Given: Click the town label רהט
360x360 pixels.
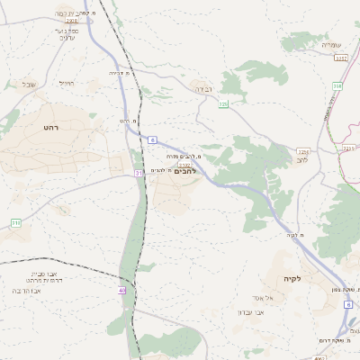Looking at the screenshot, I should click(x=50, y=128).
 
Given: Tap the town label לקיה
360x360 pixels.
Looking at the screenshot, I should click(x=291, y=278).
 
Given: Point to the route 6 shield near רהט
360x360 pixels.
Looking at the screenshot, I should click(x=153, y=140).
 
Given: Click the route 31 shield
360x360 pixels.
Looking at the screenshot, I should click(x=139, y=173).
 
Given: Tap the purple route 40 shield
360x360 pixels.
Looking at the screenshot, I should click(x=122, y=290).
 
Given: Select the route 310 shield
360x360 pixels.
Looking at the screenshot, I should click(x=16, y=221).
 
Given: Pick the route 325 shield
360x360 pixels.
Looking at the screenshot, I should click(x=223, y=104).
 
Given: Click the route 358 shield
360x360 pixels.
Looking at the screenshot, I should click(x=337, y=86).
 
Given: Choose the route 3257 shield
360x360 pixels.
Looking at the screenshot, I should click(x=340, y=58).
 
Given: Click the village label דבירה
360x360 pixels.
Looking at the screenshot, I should click(x=201, y=89).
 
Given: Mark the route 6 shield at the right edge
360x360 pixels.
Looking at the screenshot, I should click(x=347, y=304).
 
